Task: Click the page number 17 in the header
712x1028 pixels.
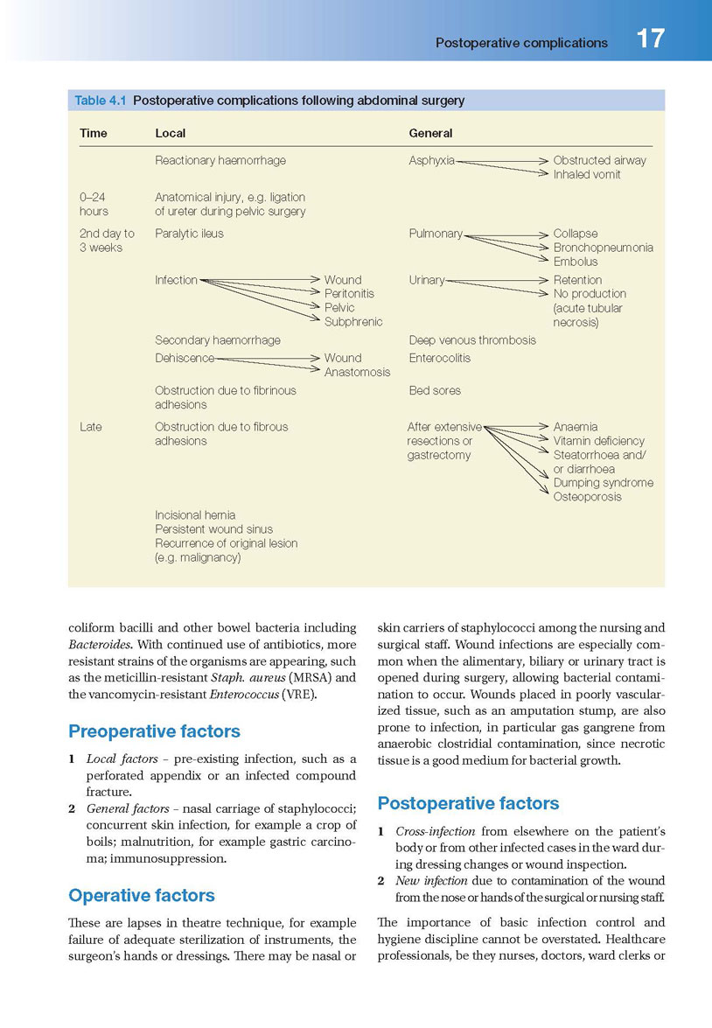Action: pos(650,39)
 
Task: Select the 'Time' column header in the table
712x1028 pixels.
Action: pos(93,134)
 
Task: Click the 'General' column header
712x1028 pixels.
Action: pos(430,134)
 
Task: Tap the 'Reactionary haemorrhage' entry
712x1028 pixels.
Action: pos(220,161)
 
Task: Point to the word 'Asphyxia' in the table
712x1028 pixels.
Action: pos(431,161)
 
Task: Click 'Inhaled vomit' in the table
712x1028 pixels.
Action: pos(587,175)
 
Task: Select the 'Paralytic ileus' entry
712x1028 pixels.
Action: pos(189,234)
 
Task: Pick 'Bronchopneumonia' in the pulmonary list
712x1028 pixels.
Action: pos(603,248)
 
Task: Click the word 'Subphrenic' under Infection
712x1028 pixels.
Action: pos(353,322)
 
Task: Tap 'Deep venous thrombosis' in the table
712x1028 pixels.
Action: pos(472,340)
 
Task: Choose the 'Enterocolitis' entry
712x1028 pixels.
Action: pos(439,358)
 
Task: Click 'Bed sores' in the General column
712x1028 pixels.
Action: pos(435,391)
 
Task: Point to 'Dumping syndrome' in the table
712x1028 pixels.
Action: pos(603,483)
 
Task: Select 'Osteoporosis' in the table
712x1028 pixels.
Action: pos(588,497)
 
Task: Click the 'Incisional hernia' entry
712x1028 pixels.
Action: pos(195,515)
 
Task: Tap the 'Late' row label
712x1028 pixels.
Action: pos(90,427)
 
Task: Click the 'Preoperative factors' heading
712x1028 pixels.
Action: pos(154,731)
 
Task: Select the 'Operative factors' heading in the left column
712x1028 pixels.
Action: pos(141,895)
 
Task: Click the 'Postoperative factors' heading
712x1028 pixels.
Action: pos(468,803)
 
